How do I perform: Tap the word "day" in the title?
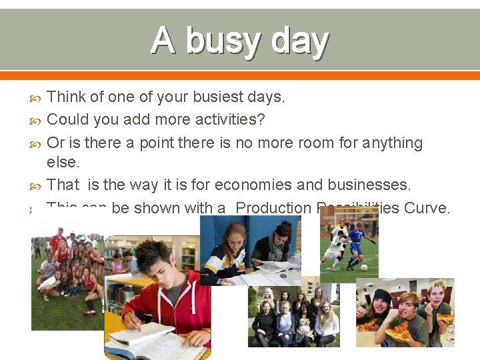[x=299, y=41]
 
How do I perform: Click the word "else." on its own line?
[x=63, y=162]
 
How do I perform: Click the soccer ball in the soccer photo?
[x=363, y=267]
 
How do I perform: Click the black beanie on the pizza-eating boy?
[x=382, y=296]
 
